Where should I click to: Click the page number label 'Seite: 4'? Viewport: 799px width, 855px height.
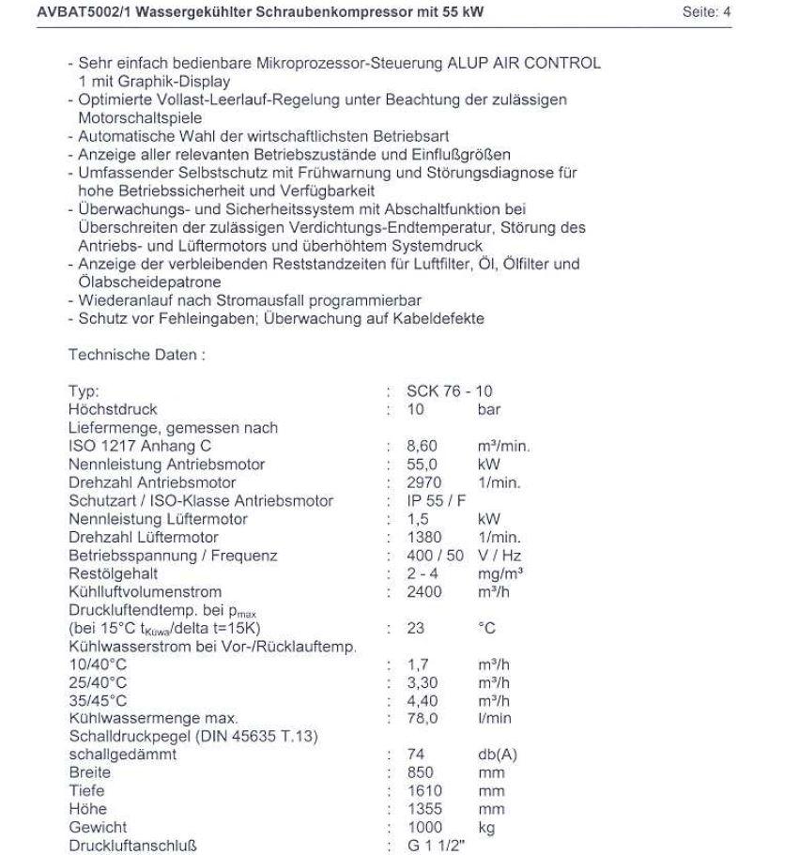[x=706, y=13]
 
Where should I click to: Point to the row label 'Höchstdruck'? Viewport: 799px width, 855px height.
[x=113, y=410]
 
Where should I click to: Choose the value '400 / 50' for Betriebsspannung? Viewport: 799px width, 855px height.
[x=437, y=556]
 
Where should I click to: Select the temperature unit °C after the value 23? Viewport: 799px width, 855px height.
[x=486, y=630]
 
